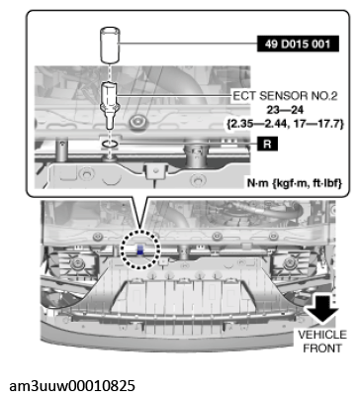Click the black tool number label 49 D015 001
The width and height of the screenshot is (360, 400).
click(x=298, y=44)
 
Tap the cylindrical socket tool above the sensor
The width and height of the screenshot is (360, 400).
click(x=110, y=46)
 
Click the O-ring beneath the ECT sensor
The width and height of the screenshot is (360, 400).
click(x=109, y=144)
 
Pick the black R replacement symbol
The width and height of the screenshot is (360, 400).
click(x=267, y=144)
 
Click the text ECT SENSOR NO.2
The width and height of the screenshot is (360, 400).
click(x=285, y=96)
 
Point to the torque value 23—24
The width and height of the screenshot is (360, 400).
click(x=285, y=110)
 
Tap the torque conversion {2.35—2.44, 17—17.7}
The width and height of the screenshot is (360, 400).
click(x=285, y=124)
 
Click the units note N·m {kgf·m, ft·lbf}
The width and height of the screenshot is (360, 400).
click(x=295, y=182)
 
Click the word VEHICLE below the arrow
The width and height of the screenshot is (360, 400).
click(x=322, y=335)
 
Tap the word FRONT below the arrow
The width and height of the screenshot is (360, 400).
click(x=322, y=349)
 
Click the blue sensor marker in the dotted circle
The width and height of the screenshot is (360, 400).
click(x=140, y=250)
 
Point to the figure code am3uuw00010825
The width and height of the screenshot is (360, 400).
click(x=72, y=385)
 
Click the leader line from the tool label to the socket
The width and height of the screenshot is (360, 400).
click(x=188, y=44)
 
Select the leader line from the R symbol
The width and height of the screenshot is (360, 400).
click(x=187, y=144)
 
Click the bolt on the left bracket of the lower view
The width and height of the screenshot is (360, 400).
click(x=77, y=263)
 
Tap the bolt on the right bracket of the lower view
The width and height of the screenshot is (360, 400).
click(x=290, y=262)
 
